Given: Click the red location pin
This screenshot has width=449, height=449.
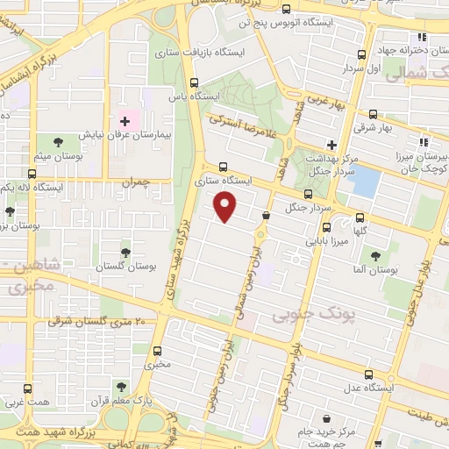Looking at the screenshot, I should pyautogui.click(x=226, y=207).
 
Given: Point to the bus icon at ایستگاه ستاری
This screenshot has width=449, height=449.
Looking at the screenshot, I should pyautogui.click(x=222, y=166).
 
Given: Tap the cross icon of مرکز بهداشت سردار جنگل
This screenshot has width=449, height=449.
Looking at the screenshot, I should pyautogui.click(x=331, y=144).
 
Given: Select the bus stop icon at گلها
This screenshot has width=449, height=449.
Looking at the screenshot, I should pyautogui.click(x=359, y=219).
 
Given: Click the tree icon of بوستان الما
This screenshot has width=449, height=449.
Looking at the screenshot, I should pyautogui.click(x=375, y=257).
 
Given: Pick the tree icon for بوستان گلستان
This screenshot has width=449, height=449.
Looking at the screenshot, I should pyautogui.click(x=125, y=251).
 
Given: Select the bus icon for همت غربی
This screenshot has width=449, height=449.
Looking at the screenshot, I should pyautogui.click(x=28, y=389).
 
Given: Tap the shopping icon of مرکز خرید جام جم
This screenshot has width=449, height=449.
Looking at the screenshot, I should pyautogui.click(x=326, y=420).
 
